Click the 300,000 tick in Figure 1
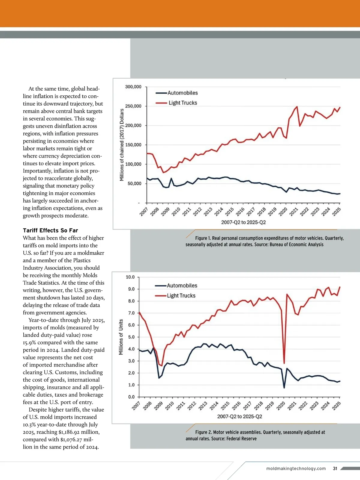click(133, 87)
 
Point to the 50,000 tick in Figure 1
click(134, 183)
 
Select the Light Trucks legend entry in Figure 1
click(183, 103)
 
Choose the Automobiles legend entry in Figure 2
click(182, 286)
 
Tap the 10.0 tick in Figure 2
click(130, 277)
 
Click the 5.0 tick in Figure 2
click(131, 337)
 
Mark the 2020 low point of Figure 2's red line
click(284, 363)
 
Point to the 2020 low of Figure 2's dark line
click(284, 388)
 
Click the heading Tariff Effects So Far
click(50, 230)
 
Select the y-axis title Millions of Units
click(121, 337)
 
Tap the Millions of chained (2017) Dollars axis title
click(122, 145)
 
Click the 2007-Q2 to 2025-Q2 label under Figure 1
click(243, 222)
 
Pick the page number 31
click(335, 468)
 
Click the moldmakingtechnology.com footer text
click(296, 468)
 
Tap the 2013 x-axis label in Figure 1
click(208, 211)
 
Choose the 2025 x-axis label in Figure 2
click(336, 406)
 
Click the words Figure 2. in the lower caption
click(203, 432)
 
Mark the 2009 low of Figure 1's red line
click(163, 172)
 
